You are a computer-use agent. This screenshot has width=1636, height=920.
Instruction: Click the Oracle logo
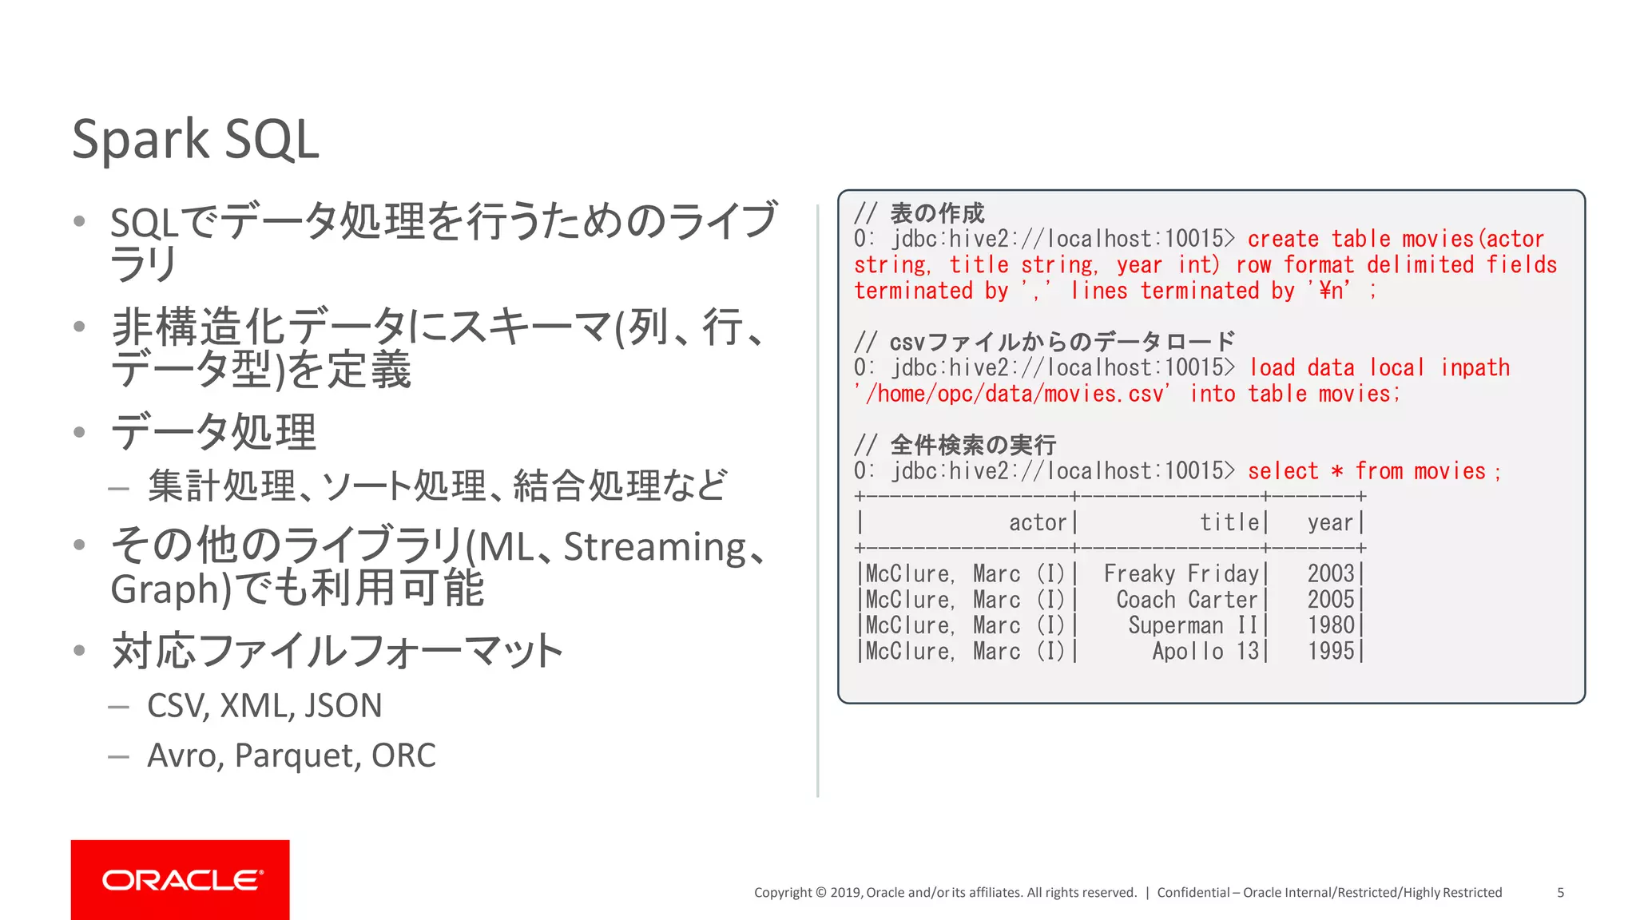click(181, 879)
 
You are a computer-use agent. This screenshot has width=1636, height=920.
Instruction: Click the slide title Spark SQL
click(196, 140)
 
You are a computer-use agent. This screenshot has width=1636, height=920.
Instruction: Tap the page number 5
click(1560, 892)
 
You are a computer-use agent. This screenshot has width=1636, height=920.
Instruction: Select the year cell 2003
click(1330, 573)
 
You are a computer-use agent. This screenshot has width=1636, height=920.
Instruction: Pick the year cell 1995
click(1330, 651)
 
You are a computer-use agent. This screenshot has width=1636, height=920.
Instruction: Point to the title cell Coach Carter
click(1186, 600)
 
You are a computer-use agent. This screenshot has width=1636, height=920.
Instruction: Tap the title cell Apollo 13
click(1205, 651)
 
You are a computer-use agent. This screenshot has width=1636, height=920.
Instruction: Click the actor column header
click(1037, 522)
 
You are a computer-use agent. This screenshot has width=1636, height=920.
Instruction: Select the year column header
click(1330, 522)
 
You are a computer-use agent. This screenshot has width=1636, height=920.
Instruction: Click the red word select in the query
click(1283, 471)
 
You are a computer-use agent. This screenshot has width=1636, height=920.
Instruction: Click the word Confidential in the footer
click(1193, 892)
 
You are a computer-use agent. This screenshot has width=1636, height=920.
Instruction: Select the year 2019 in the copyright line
click(844, 892)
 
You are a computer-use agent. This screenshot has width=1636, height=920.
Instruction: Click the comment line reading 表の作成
click(936, 213)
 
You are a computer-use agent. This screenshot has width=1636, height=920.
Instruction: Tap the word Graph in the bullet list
click(165, 590)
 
